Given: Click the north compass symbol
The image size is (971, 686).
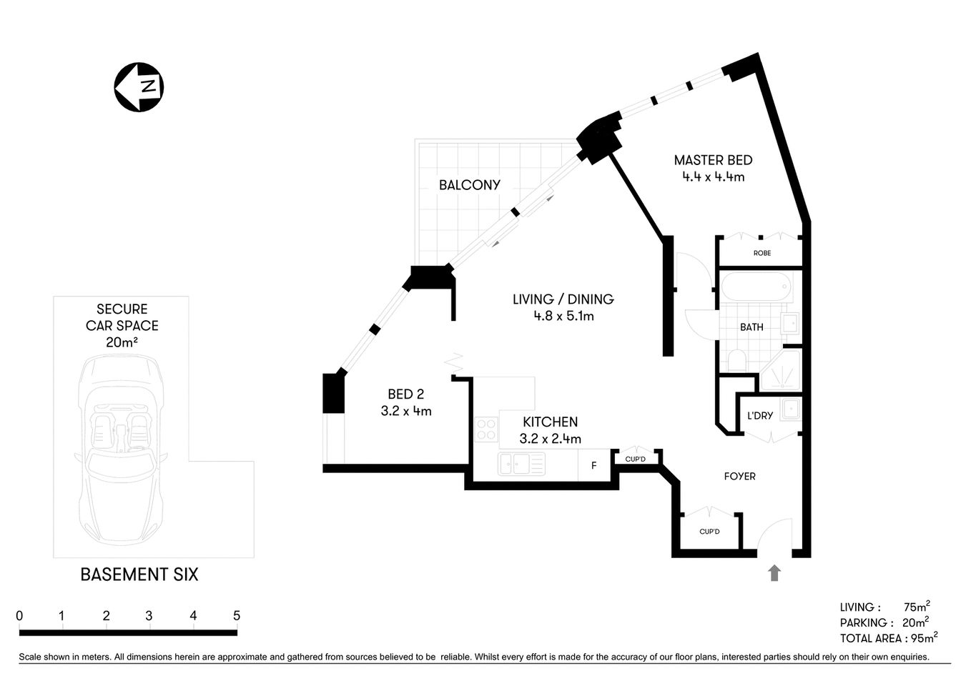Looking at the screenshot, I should [x=139, y=87].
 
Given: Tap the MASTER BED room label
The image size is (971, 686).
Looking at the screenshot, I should [x=713, y=160].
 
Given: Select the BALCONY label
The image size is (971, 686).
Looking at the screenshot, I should [x=470, y=185].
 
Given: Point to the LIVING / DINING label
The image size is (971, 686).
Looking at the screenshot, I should [x=563, y=299].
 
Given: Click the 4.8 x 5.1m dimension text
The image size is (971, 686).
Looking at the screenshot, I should [x=563, y=316].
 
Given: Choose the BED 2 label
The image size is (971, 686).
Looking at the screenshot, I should [x=405, y=394].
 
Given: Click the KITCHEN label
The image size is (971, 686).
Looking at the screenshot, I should [x=550, y=422].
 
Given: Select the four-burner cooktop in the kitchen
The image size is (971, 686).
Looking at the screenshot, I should [x=486, y=429].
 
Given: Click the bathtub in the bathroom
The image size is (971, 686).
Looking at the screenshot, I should [x=755, y=289].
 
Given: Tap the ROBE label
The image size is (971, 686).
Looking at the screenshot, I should [x=762, y=253].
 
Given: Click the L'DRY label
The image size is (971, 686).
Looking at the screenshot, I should [x=759, y=416].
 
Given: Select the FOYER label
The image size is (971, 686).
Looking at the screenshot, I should [x=739, y=476].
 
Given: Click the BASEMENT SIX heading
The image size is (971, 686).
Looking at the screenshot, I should [x=139, y=575].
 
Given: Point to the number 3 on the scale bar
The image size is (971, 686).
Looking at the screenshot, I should [x=149, y=616].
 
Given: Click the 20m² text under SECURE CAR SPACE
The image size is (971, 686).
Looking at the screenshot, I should [x=122, y=342].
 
